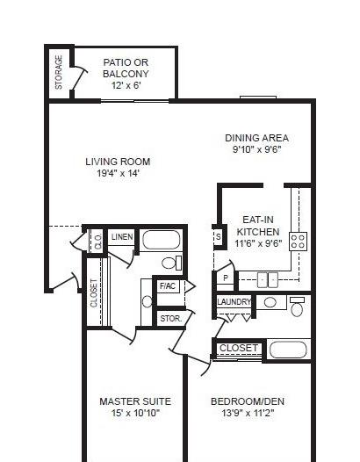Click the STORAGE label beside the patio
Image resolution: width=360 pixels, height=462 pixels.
pos(59,73)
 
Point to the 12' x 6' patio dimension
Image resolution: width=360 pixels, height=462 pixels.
pos(126,85)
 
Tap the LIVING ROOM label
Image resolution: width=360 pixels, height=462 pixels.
pos(118,162)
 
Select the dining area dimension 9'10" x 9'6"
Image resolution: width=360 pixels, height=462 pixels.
pos(257,149)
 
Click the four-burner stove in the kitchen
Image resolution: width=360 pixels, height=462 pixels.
pos(299,242)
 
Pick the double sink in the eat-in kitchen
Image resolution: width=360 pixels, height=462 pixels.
pos(268,279)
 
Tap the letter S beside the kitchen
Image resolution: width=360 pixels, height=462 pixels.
pos(219,236)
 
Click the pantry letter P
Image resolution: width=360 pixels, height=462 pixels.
pos(226,278)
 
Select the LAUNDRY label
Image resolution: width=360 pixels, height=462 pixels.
pos(234,302)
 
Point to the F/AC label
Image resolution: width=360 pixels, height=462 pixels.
pos(168,285)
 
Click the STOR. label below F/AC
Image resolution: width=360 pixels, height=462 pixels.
pos(171,319)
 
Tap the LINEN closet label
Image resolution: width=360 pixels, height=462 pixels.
pos(122,236)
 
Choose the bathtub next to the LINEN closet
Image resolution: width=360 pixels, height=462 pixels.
pos(162,240)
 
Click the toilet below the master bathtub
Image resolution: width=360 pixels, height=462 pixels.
pos(172,263)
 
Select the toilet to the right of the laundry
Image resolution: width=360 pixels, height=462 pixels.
pos(297,307)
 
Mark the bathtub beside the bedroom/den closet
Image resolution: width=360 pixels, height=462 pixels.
pos(288,350)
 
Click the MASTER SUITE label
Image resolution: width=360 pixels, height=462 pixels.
pos(135,401)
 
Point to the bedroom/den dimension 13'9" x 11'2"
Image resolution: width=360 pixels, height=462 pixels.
pos(248,413)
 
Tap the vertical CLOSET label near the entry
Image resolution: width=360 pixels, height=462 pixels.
pos(94,292)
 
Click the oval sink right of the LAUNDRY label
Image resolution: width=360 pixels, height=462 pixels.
pos(270,303)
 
